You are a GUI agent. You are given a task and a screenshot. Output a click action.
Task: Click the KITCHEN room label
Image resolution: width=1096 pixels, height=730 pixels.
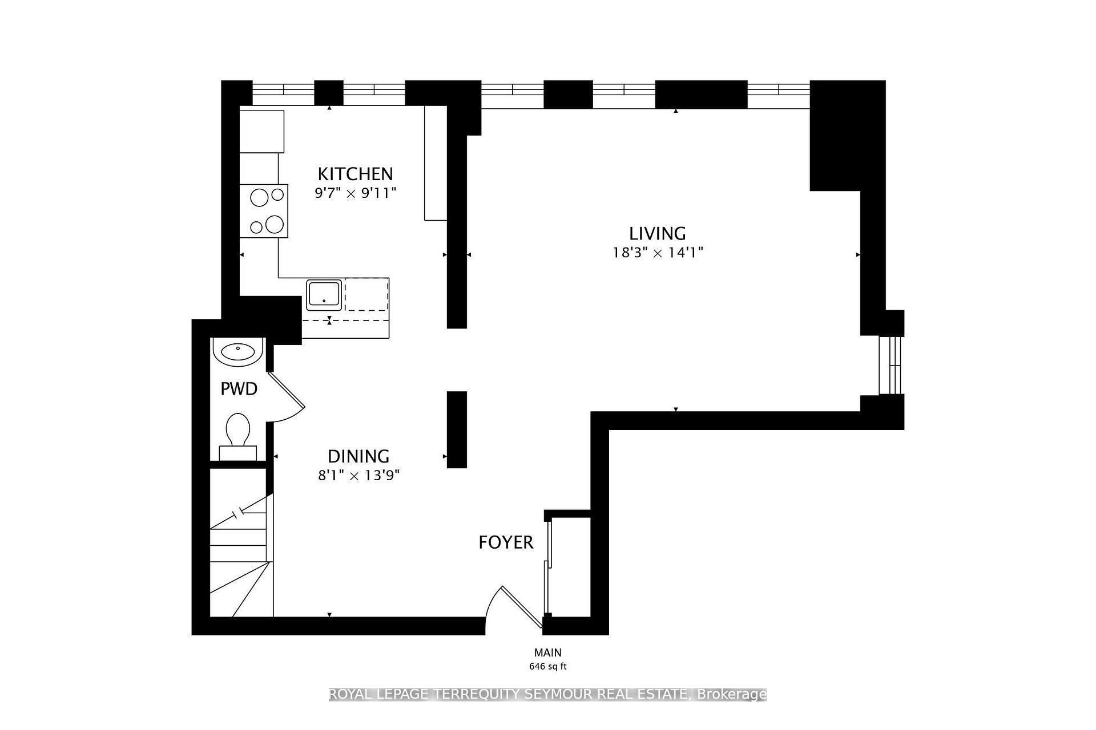[355, 173]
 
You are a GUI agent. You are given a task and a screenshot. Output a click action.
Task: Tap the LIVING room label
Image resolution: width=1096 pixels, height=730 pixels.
[658, 233]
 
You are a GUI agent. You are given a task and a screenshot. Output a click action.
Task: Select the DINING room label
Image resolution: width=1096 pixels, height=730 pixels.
[358, 456]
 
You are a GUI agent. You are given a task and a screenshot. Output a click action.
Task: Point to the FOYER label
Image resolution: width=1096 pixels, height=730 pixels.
[506, 542]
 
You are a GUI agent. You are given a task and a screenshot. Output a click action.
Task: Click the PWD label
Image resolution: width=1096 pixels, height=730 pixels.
[239, 389]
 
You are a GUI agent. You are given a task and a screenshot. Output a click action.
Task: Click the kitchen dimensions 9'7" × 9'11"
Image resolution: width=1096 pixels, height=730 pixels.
[355, 193]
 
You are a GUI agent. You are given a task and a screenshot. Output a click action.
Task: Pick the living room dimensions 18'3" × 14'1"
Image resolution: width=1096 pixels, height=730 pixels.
[658, 253]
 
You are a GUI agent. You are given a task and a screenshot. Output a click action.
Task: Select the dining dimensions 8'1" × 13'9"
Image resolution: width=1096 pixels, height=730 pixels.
[358, 476]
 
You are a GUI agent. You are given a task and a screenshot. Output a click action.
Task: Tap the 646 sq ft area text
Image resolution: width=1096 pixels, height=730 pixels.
[548, 666]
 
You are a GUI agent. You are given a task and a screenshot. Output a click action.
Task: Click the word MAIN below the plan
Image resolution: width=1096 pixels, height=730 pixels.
[548, 652]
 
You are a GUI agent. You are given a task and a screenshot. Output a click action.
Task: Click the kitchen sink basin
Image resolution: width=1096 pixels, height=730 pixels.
[324, 294]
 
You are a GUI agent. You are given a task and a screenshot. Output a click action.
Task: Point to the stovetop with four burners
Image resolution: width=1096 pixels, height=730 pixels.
[264, 210]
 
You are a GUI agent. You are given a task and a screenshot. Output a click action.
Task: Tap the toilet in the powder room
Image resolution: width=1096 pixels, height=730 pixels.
[238, 437]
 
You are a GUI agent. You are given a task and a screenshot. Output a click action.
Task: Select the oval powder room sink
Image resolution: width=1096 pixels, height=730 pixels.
[238, 351]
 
